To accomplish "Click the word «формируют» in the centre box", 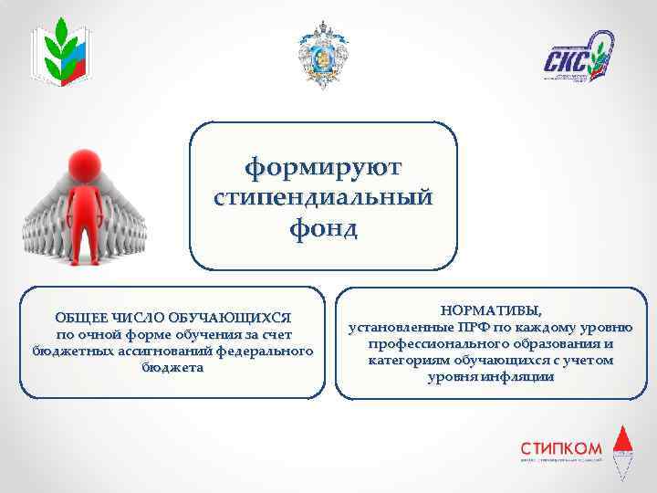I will [323, 168].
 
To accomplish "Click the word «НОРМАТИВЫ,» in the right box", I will [496, 310].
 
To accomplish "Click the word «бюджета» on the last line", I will [173, 367].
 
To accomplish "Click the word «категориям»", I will [404, 360].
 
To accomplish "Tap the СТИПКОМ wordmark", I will [561, 447].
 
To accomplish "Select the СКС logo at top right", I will [577, 57].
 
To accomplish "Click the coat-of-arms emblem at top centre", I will [323, 55].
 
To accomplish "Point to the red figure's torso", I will [95, 205].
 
